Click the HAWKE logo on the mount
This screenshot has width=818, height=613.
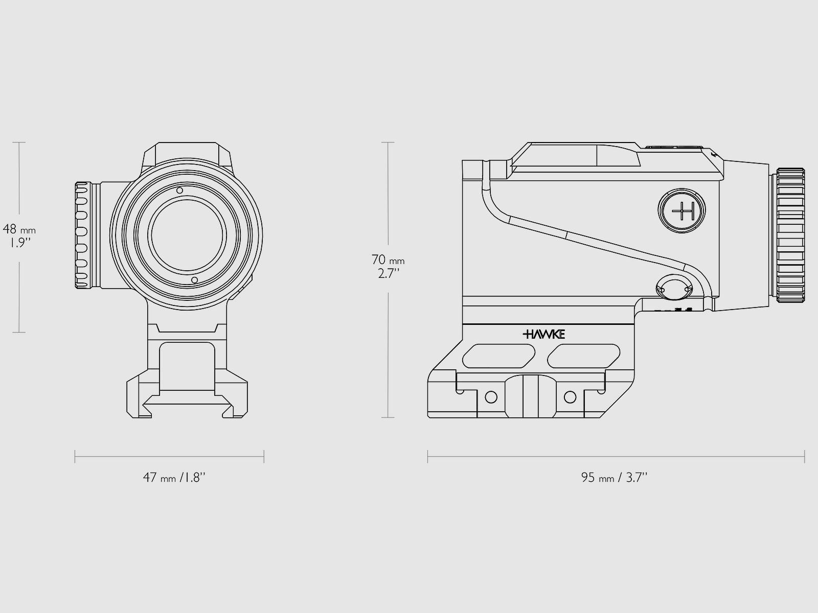[x=543, y=335]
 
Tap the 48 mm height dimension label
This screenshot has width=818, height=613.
[x=19, y=230]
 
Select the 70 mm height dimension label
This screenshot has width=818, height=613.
[x=388, y=261]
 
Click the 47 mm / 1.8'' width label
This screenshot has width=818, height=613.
[x=174, y=478]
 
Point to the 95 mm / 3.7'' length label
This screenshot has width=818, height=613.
[x=614, y=478]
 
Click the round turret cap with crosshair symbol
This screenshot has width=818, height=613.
[x=683, y=210]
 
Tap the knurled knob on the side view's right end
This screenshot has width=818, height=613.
[x=790, y=235]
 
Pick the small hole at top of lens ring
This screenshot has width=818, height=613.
[x=179, y=191]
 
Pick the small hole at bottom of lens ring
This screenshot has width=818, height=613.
[x=194, y=280]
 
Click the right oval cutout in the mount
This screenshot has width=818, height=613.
[x=583, y=355]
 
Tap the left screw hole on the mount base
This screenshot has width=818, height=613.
[x=490, y=396]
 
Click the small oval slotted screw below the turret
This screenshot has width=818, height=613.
[x=674, y=289]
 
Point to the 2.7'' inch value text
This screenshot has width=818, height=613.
[x=389, y=273]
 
